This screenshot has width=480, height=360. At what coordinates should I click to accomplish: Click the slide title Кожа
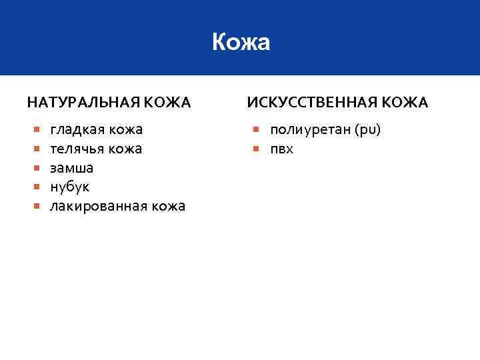click(x=241, y=43)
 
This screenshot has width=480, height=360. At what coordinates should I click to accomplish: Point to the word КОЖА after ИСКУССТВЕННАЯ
click(x=406, y=103)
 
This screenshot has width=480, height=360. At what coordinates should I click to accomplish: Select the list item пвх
click(x=281, y=149)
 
